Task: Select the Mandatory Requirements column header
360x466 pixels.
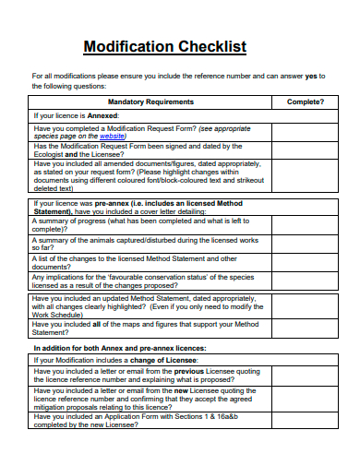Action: click(x=150, y=102)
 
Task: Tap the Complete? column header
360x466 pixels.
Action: click(x=304, y=102)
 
